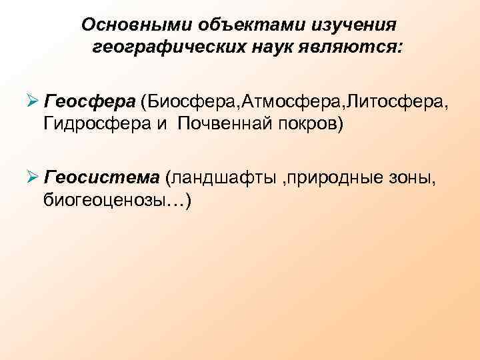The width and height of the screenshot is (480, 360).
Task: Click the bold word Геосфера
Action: coord(89,101)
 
